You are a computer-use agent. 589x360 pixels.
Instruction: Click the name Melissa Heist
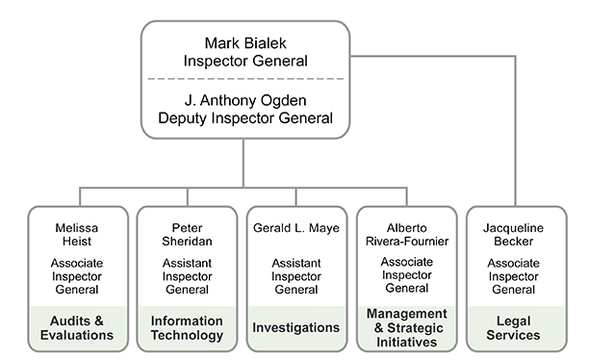[77, 236]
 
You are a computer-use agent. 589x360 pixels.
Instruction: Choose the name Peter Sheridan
[187, 236]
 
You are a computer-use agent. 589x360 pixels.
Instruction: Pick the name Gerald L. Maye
[295, 228]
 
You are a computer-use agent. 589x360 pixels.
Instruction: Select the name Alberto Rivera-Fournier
[406, 236]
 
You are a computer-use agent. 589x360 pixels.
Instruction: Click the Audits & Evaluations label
[77, 328]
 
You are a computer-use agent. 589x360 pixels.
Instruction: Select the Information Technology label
[187, 328]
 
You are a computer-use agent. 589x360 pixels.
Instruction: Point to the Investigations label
[295, 328]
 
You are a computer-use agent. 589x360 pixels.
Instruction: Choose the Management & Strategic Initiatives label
[406, 327]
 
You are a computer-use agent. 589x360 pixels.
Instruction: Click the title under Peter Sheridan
[187, 275]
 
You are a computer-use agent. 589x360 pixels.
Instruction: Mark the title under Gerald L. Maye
[295, 275]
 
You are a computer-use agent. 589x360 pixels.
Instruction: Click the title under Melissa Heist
[77, 275]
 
